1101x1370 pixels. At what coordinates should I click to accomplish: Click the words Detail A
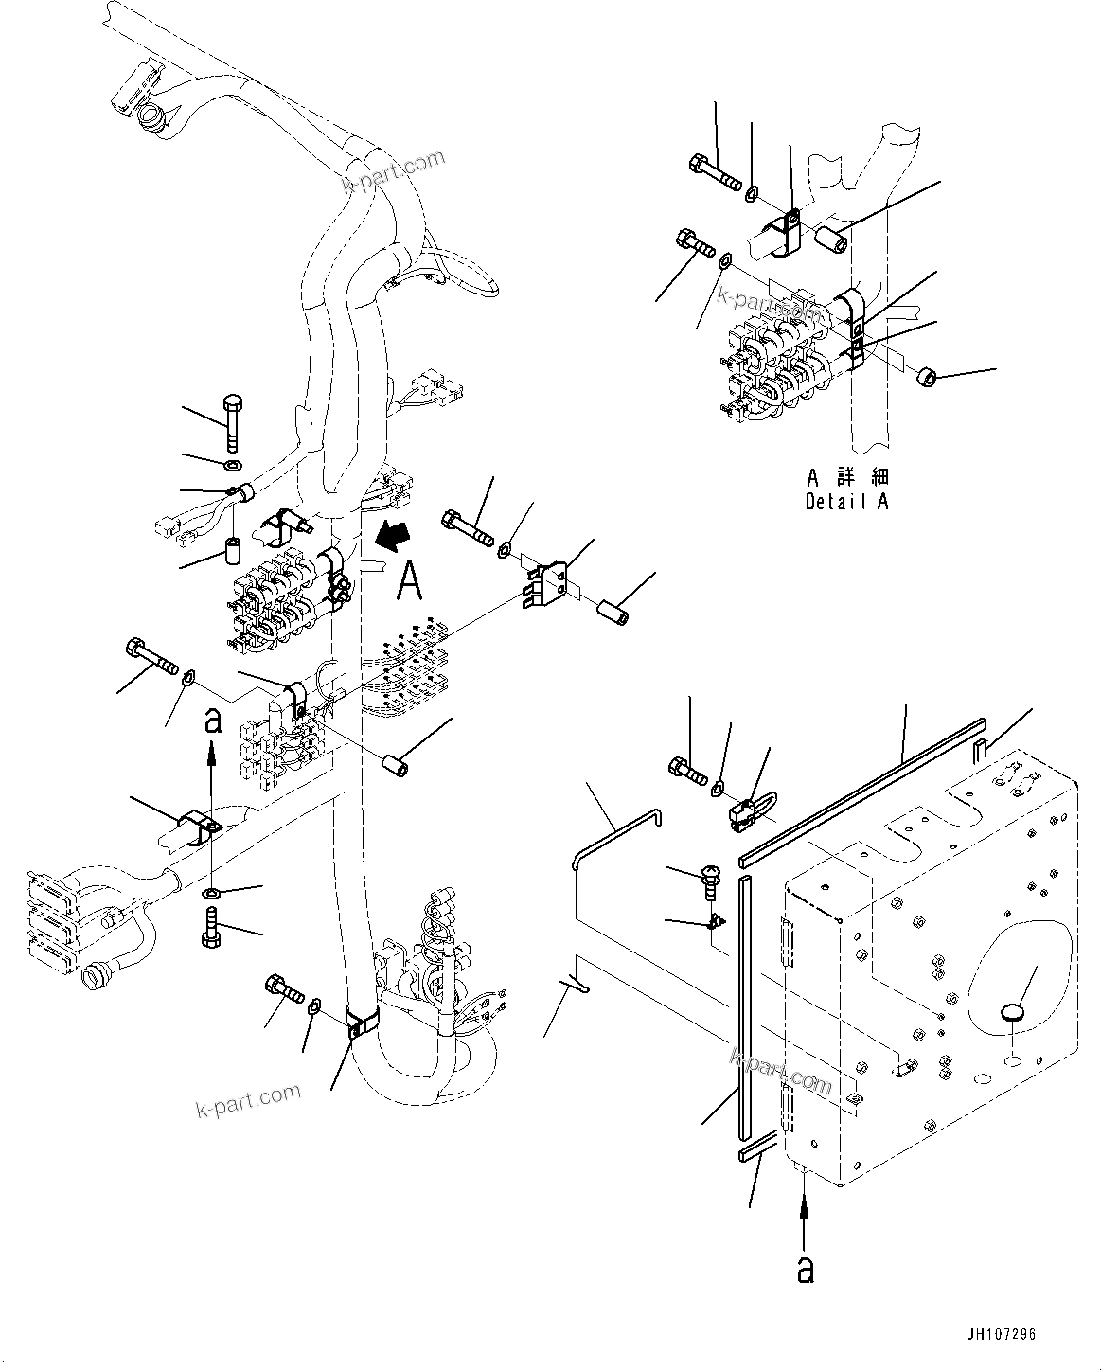click(x=846, y=502)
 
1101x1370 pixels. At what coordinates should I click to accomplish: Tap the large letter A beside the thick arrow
click(x=409, y=579)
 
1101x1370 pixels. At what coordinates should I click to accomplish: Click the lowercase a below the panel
click(x=805, y=1268)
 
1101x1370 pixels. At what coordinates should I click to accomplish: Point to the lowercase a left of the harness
click(x=213, y=722)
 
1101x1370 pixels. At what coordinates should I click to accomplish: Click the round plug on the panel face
click(x=1012, y=1014)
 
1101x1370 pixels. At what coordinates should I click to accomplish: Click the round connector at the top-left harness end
click(x=152, y=117)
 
